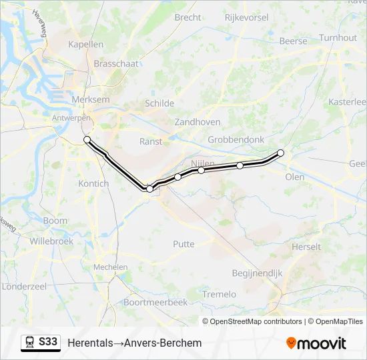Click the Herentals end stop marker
click(280, 153)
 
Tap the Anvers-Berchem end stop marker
click(87, 139)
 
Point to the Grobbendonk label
click(236, 140)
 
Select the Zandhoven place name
click(198, 122)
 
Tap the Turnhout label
click(338, 38)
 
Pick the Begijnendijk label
click(258, 273)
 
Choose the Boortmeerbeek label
click(155, 302)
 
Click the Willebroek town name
click(51, 241)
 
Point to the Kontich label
click(93, 183)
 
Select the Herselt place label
click(306, 247)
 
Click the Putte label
click(183, 244)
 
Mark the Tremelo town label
click(219, 294)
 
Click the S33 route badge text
click(48, 342)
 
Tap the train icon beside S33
click(30, 343)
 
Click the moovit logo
click(316, 343)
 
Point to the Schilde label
click(159, 103)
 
